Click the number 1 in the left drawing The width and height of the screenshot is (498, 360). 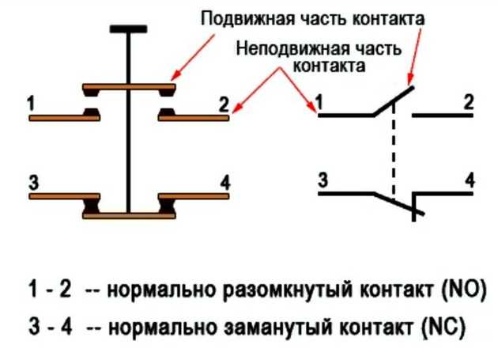coord(31,103)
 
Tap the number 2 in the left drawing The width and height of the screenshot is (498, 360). coord(224,103)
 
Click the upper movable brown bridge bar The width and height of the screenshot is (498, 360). coord(129,85)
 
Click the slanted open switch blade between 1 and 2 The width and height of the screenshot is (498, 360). coord(393,100)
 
